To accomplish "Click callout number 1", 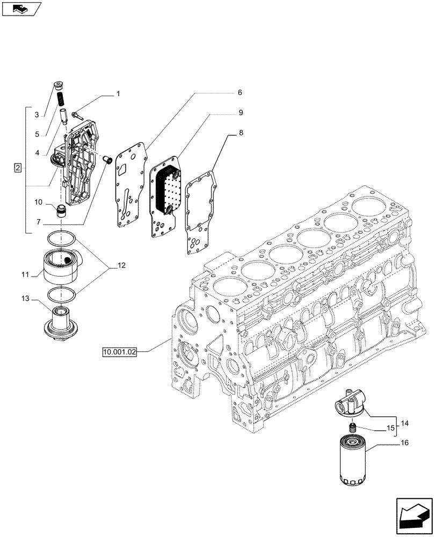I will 118,94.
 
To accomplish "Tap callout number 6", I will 239,92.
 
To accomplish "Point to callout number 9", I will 241,112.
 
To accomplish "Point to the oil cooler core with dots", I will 166,188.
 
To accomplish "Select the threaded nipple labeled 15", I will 353,428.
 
